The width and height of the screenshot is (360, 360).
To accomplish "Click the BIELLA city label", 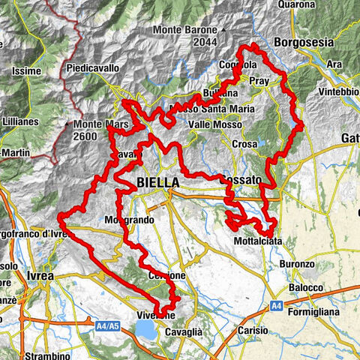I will coord(158,183).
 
